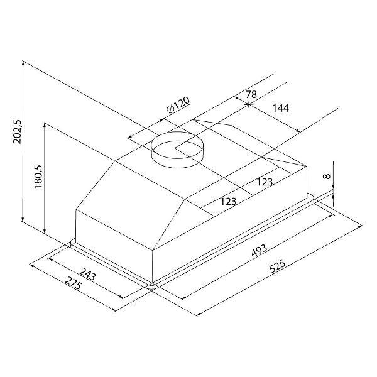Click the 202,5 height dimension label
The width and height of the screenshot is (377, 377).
[18, 132]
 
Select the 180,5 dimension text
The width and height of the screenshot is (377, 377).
[38, 177]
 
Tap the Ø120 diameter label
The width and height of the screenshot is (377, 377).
[178, 105]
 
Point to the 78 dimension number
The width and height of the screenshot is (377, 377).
[251, 94]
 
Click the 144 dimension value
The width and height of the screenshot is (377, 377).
[280, 108]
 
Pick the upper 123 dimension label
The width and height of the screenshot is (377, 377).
[265, 182]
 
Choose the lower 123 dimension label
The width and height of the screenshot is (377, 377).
[229, 201]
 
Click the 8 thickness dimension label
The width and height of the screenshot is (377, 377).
[327, 176]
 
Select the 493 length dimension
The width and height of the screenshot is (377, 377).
[259, 251]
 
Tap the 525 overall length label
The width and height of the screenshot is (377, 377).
[277, 266]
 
